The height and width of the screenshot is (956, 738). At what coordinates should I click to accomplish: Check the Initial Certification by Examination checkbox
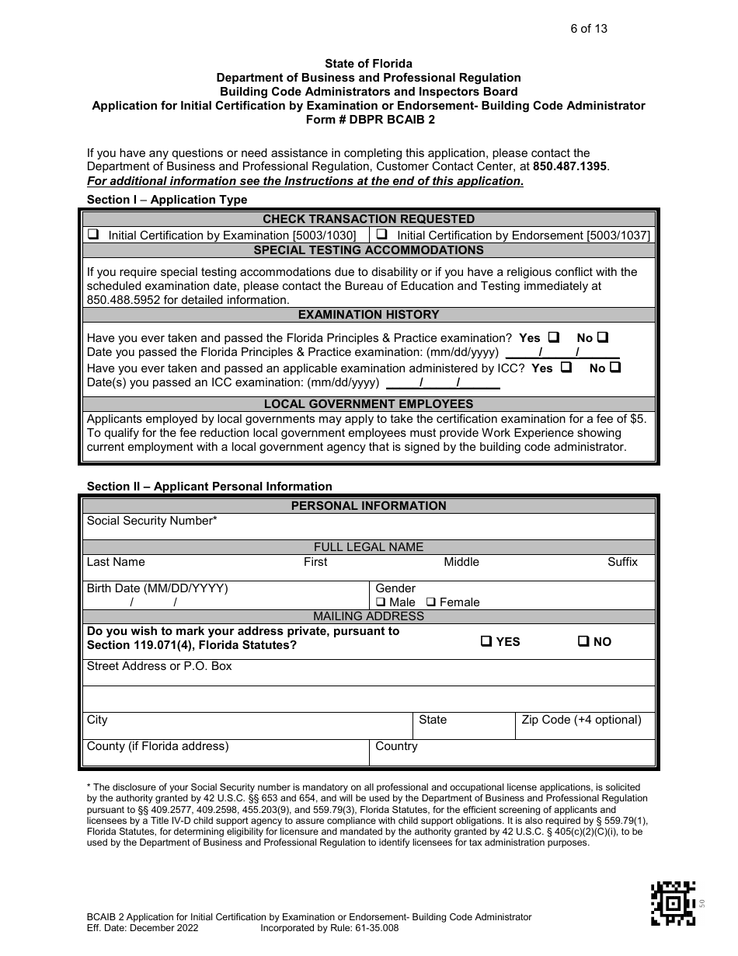tap(93, 234)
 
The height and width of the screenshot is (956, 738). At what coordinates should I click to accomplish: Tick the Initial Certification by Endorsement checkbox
tap(382, 234)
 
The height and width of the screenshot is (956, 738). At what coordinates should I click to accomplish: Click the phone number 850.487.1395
tap(570, 166)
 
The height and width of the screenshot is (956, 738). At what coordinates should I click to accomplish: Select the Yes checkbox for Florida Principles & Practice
tap(554, 337)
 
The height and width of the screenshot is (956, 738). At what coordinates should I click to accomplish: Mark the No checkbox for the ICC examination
tap(615, 368)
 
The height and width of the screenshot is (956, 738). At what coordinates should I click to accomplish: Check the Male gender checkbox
tap(381, 602)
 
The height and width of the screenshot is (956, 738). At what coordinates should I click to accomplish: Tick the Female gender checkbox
tap(432, 602)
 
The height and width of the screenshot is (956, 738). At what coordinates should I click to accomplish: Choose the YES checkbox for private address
tap(486, 641)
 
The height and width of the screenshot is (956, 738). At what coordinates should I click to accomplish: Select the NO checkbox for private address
tap(583, 641)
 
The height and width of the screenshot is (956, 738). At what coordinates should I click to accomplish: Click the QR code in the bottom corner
tap(673, 903)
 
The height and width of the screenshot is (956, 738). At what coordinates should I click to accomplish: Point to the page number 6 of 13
tap(588, 29)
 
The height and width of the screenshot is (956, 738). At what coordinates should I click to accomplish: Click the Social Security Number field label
tap(151, 521)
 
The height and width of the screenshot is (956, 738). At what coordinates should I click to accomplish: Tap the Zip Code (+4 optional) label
tap(581, 720)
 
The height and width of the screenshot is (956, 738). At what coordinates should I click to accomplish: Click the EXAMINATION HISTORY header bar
tap(369, 315)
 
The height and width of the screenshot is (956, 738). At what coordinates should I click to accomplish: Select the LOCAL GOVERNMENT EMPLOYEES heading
tap(369, 404)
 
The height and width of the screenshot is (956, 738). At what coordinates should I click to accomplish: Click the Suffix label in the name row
tap(622, 562)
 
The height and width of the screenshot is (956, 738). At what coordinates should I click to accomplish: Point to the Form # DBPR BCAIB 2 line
tap(370, 120)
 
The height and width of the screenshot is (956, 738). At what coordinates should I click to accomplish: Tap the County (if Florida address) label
tap(158, 746)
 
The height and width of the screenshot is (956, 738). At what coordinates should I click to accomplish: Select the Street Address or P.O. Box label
tap(159, 666)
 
